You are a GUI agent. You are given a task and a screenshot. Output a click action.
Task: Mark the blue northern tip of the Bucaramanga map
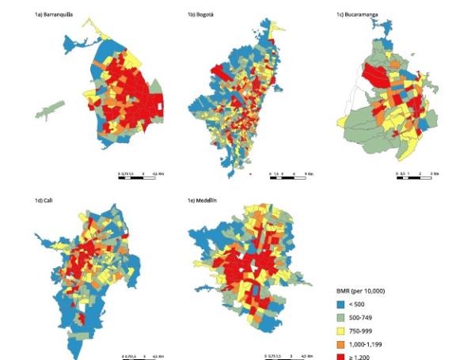coord(386,30)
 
